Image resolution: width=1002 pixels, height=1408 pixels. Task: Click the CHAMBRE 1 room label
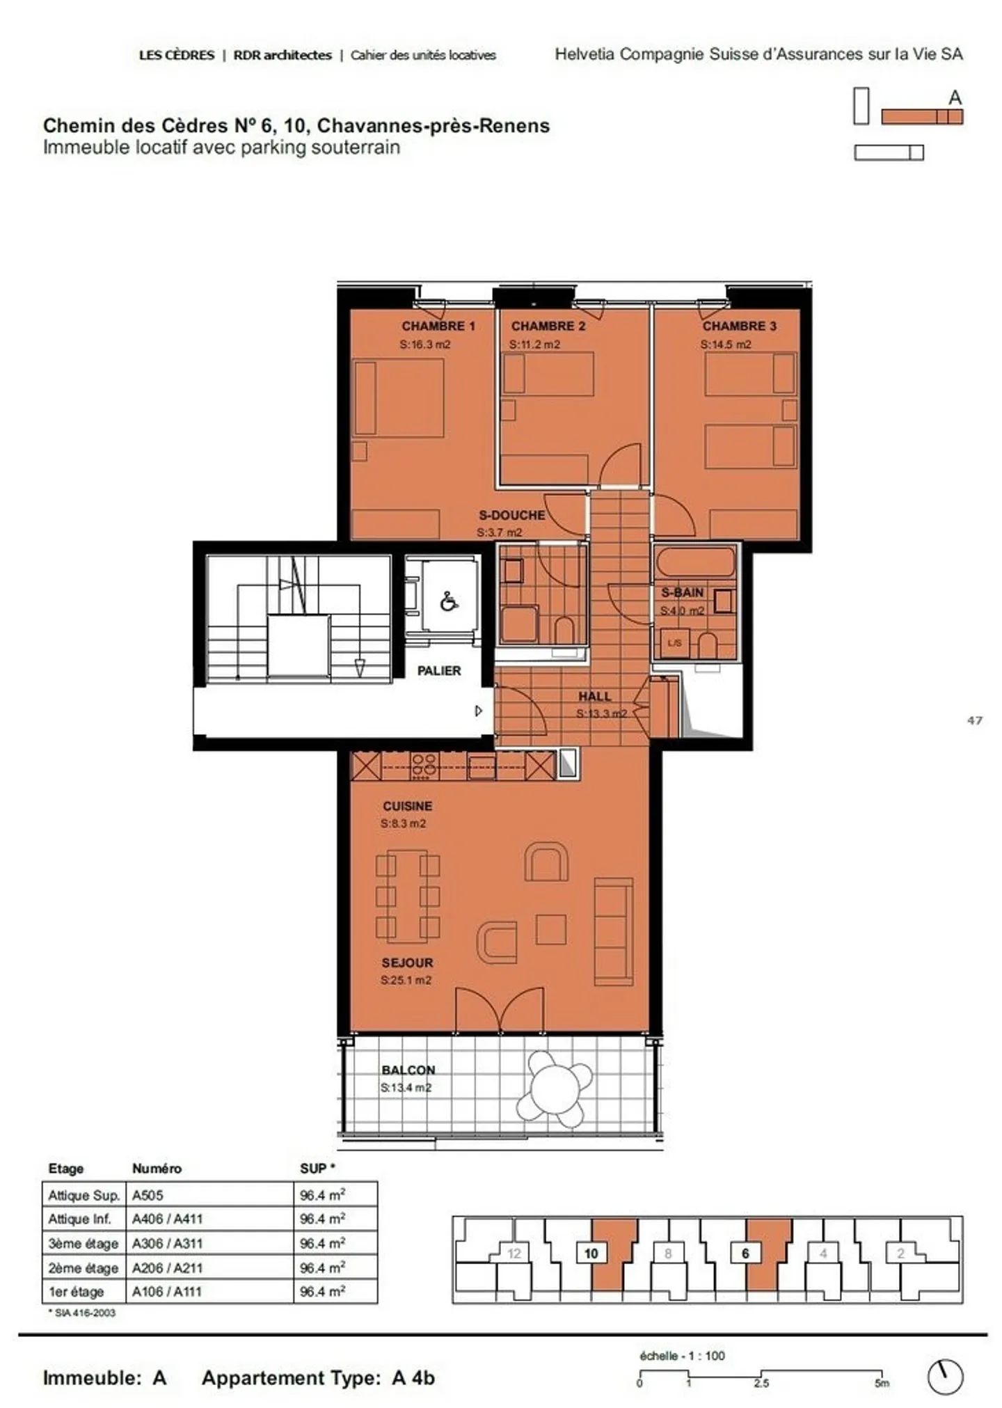(x=438, y=326)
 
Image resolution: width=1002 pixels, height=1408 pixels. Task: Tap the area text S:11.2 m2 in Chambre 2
(x=534, y=345)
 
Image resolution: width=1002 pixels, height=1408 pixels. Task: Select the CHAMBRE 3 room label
(x=739, y=326)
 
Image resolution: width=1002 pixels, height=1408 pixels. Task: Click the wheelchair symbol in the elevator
(x=449, y=601)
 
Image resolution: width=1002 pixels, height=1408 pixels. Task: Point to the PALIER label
(x=438, y=670)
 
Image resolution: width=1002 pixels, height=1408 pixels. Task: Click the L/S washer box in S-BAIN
(x=674, y=643)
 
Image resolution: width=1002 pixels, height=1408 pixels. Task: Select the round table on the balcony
(x=555, y=1089)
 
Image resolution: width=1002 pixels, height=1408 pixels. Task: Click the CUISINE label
(x=407, y=806)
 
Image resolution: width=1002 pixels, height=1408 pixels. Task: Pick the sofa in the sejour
(x=613, y=931)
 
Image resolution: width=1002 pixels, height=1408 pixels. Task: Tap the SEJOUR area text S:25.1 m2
(x=406, y=980)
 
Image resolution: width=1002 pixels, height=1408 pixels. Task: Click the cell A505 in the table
(x=148, y=1195)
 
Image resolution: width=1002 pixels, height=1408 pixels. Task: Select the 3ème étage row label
(x=83, y=1243)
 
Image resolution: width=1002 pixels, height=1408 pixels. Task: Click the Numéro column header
(x=157, y=1169)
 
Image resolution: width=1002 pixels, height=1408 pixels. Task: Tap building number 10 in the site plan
(x=591, y=1253)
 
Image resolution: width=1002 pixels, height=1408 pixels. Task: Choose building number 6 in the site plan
(x=745, y=1253)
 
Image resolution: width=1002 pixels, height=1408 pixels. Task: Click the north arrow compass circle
(x=946, y=1377)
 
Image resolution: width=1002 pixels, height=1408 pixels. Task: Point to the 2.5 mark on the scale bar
(x=761, y=1383)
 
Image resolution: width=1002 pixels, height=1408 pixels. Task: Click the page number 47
(x=974, y=720)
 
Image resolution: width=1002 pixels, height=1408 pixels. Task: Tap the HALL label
(x=594, y=696)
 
